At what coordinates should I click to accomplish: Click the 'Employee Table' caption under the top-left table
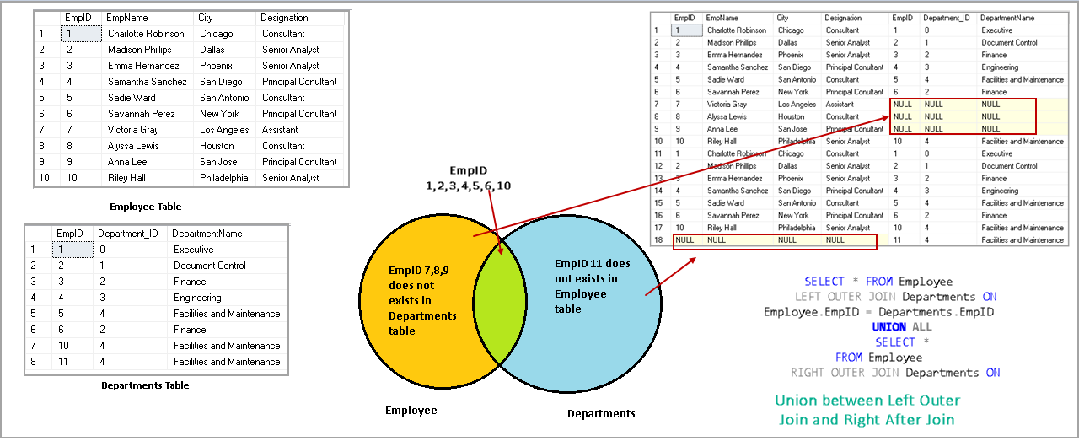click(x=145, y=207)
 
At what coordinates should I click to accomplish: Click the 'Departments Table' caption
click(x=145, y=385)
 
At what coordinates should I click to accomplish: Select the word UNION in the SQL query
click(x=889, y=327)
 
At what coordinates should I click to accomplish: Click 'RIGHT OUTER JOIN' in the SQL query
click(x=843, y=373)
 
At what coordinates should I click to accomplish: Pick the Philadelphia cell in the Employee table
click(x=223, y=178)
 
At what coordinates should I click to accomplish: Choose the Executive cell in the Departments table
click(x=193, y=250)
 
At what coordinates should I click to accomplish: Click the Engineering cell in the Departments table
click(x=197, y=298)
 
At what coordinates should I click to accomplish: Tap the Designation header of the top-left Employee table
click(x=284, y=18)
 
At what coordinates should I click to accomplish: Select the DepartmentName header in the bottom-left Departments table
click(x=207, y=234)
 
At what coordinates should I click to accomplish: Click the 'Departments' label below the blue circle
click(x=601, y=413)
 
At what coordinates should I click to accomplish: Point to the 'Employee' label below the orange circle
click(x=411, y=410)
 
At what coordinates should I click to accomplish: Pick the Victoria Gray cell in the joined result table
click(x=727, y=105)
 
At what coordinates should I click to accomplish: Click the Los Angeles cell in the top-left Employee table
click(x=224, y=130)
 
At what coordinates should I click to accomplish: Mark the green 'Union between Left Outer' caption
click(x=867, y=400)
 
